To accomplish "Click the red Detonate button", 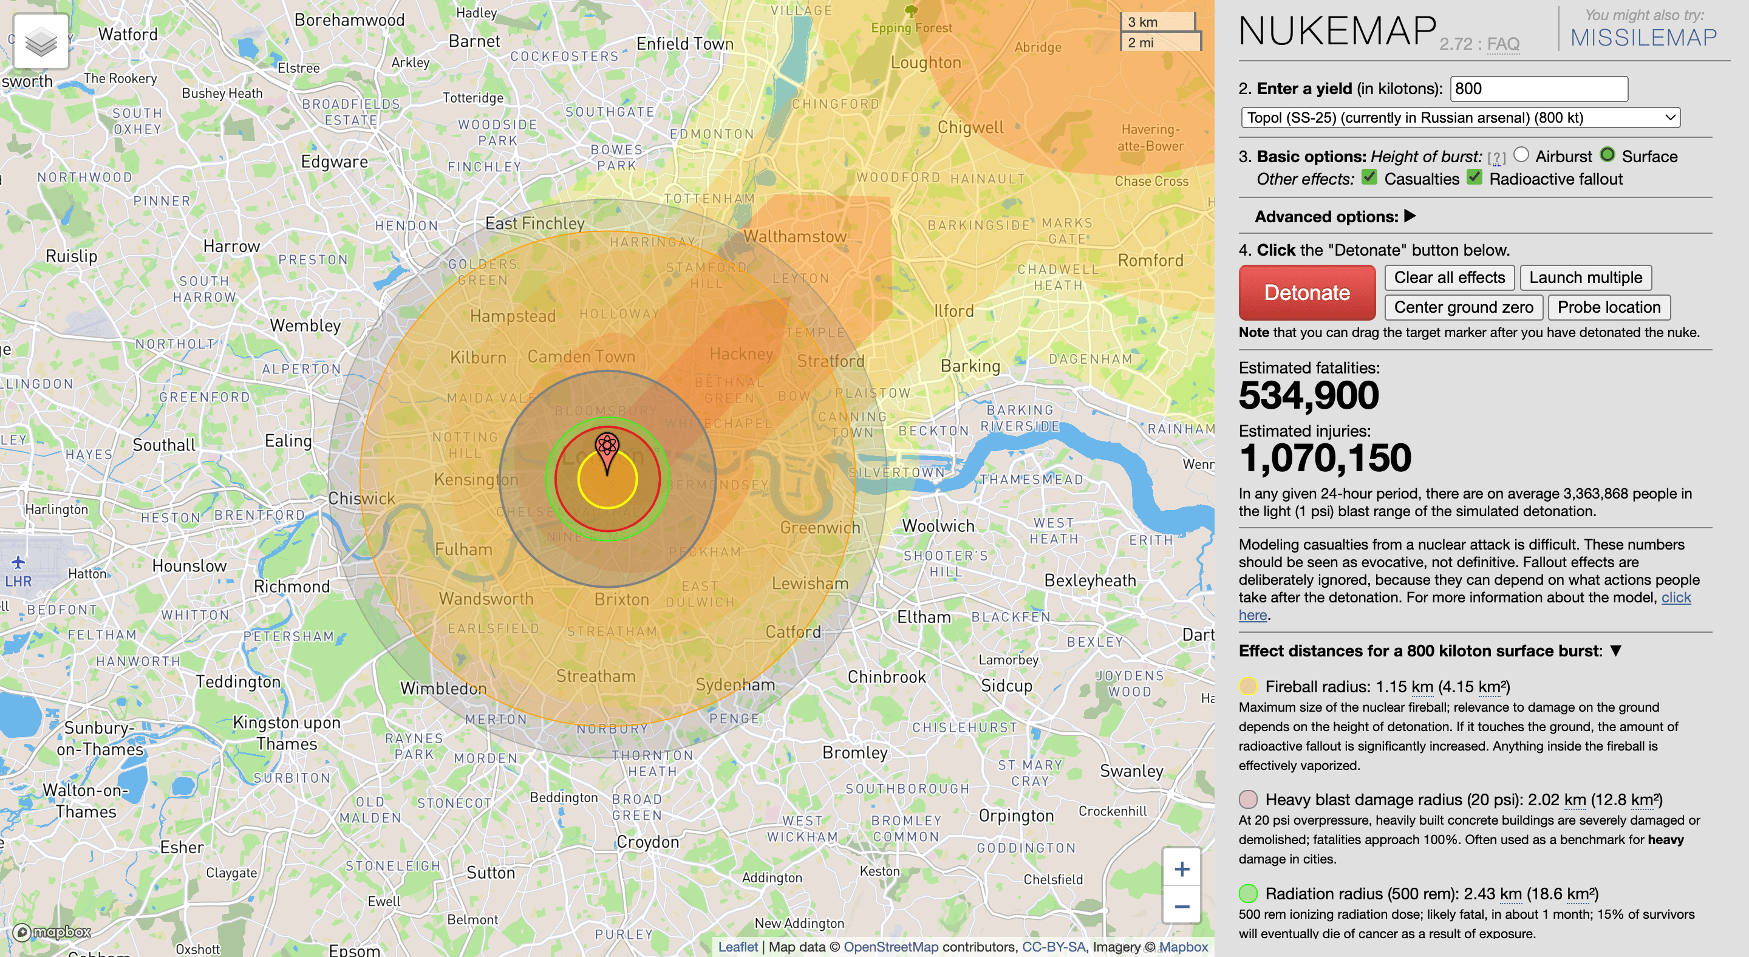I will coord(1306,293).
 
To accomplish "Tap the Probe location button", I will coord(1609,307).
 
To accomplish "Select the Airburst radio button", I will coord(1521,155).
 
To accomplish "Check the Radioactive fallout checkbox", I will coord(1474,178).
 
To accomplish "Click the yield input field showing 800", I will coord(1538,89).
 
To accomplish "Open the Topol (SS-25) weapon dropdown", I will coord(1460,118).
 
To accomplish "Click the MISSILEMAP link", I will coord(1643,37).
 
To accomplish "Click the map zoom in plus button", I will coord(1181,869).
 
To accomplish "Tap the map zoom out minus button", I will coord(1181,907).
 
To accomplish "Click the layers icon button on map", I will coord(41,41).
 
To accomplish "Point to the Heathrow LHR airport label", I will coord(18,581).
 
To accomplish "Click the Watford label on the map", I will coord(128,34).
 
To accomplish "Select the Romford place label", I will coord(1150,261).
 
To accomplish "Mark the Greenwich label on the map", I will coord(819,527).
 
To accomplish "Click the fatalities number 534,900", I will coord(1308,395).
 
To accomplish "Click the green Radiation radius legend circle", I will coord(1248,893).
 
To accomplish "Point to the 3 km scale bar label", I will coord(1143,22).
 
